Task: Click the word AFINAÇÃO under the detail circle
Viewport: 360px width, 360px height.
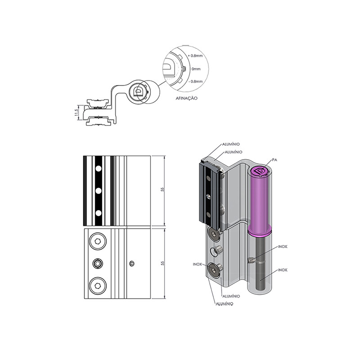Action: point(186,98)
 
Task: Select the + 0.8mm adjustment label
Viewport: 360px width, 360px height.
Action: point(195,56)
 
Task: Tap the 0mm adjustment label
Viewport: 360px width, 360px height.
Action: point(196,69)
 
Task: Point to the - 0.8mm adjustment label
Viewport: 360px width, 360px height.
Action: point(196,81)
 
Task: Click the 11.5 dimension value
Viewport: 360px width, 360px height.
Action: point(76,112)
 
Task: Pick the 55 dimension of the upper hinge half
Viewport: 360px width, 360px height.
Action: point(162,189)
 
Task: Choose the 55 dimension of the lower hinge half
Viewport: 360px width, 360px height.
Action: point(162,263)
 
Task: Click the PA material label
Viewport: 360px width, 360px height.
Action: point(274,160)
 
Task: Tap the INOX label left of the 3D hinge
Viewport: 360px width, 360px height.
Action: point(197,264)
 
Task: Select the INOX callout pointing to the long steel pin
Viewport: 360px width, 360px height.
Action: point(283,270)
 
